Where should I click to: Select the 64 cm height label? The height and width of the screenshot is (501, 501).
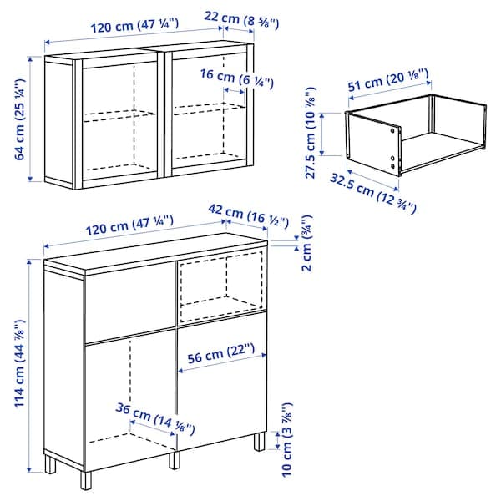[18, 119]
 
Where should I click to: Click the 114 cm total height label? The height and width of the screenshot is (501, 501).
[18, 363]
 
